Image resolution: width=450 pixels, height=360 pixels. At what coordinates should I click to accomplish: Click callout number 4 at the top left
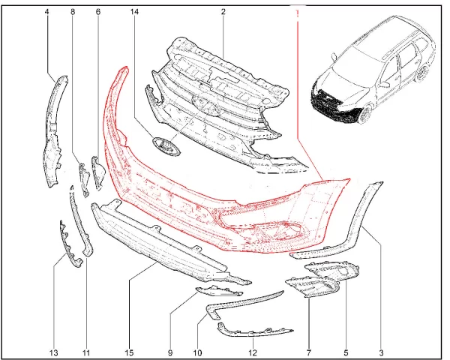(x=46, y=12)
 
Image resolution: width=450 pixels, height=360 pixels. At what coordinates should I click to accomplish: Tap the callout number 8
(x=73, y=12)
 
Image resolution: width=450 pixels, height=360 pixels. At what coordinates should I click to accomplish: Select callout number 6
(x=98, y=12)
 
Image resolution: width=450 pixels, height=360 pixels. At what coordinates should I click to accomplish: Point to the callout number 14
(x=134, y=12)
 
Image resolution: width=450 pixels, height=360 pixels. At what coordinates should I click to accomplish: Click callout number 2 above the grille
(x=223, y=12)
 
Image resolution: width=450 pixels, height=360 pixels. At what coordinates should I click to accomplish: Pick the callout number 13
(x=54, y=352)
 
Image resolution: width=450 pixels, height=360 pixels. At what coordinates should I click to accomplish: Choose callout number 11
(x=86, y=352)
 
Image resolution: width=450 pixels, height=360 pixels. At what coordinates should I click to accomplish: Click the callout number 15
(x=129, y=352)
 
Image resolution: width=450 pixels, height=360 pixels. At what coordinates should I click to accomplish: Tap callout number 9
(x=170, y=352)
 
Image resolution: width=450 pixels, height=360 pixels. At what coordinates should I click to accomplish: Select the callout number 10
(x=198, y=352)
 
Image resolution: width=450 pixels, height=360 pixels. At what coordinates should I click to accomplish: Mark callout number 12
(x=253, y=352)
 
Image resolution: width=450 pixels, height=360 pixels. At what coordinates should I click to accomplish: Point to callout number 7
(x=309, y=352)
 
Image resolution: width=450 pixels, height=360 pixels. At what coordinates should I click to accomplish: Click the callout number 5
(x=346, y=352)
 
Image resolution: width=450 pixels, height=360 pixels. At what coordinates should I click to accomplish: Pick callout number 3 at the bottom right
(x=381, y=352)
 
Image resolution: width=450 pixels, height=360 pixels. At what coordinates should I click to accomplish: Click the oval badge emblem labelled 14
(x=166, y=147)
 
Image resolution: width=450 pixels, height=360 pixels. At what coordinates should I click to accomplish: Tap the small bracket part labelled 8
(x=84, y=180)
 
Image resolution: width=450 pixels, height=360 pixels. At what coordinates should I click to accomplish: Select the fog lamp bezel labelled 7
(x=313, y=287)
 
